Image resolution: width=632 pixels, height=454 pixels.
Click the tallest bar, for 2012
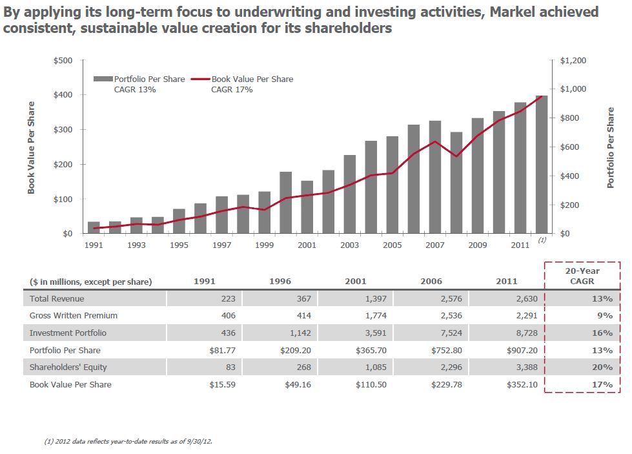click(x=542, y=165)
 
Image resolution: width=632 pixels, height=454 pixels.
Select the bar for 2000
click(x=286, y=202)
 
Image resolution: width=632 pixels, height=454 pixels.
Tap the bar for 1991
click(x=94, y=227)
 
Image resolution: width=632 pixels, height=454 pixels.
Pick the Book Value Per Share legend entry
click(x=252, y=79)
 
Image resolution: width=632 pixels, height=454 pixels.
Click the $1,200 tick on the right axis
click(x=573, y=61)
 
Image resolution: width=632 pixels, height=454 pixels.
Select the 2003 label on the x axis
click(x=350, y=245)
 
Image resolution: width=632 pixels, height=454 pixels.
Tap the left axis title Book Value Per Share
click(x=31, y=147)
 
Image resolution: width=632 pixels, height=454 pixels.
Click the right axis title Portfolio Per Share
click(x=610, y=147)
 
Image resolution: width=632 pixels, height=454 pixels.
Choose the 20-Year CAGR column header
click(x=582, y=276)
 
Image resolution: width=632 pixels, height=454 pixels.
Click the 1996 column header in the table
click(x=279, y=281)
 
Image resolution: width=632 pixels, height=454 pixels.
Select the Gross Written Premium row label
click(x=74, y=316)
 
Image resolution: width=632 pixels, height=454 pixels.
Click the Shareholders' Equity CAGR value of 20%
click(x=602, y=367)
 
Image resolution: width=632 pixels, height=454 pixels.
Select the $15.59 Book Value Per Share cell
click(x=222, y=384)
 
